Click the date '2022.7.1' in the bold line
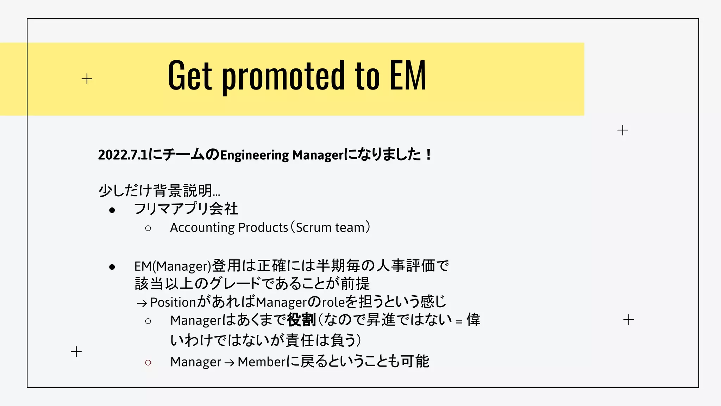(x=123, y=155)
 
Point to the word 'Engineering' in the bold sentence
(x=254, y=155)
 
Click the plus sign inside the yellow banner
(x=87, y=79)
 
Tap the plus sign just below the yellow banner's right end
(x=622, y=130)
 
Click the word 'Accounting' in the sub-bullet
(x=202, y=228)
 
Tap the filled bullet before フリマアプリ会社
(x=112, y=210)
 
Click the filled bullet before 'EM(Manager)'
(x=112, y=267)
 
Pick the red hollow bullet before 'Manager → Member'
(x=148, y=362)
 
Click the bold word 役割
(x=301, y=320)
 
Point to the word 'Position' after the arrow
(x=173, y=302)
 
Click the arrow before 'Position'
(x=142, y=303)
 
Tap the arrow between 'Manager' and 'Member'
(x=229, y=363)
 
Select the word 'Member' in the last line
(x=262, y=362)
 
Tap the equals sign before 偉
(x=459, y=322)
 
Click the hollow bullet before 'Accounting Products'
(x=148, y=228)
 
